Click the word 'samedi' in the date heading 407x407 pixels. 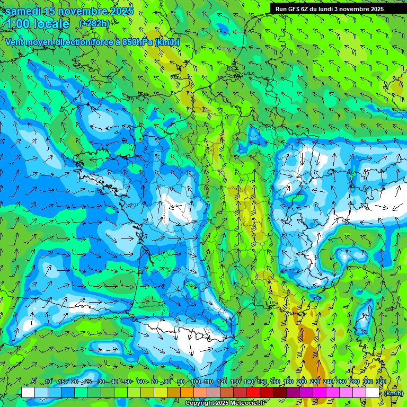(x=23, y=12)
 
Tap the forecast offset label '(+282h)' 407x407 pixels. (x=94, y=24)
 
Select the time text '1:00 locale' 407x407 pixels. (x=38, y=24)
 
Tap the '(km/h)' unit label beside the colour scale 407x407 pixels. (x=393, y=393)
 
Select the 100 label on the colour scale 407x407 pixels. (x=195, y=382)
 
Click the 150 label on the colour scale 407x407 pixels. (x=262, y=382)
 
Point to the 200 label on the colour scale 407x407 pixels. (x=302, y=382)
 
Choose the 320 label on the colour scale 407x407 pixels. (x=381, y=382)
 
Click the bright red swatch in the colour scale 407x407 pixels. (x=253, y=393)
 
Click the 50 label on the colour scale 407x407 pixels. (x=128, y=382)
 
